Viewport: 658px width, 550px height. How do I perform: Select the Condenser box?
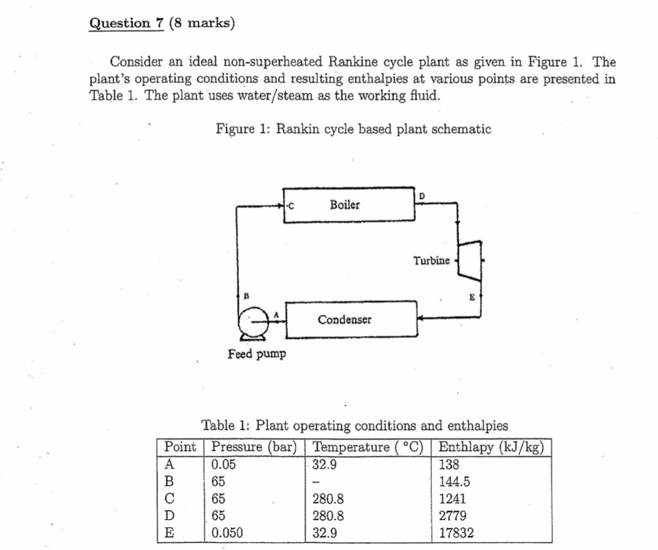[351, 319]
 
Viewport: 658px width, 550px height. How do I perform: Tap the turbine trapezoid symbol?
[470, 261]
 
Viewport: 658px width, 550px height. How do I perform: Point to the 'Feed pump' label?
[257, 354]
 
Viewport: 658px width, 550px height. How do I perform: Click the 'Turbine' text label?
[431, 261]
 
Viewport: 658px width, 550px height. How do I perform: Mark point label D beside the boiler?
[422, 195]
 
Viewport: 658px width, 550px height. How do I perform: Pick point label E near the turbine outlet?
[472, 297]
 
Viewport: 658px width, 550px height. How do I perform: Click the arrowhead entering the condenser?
[422, 317]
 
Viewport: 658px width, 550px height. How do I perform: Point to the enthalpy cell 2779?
[452, 515]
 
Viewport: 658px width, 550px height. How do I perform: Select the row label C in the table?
[170, 499]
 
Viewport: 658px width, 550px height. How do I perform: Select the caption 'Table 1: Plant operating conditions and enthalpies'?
[355, 425]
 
